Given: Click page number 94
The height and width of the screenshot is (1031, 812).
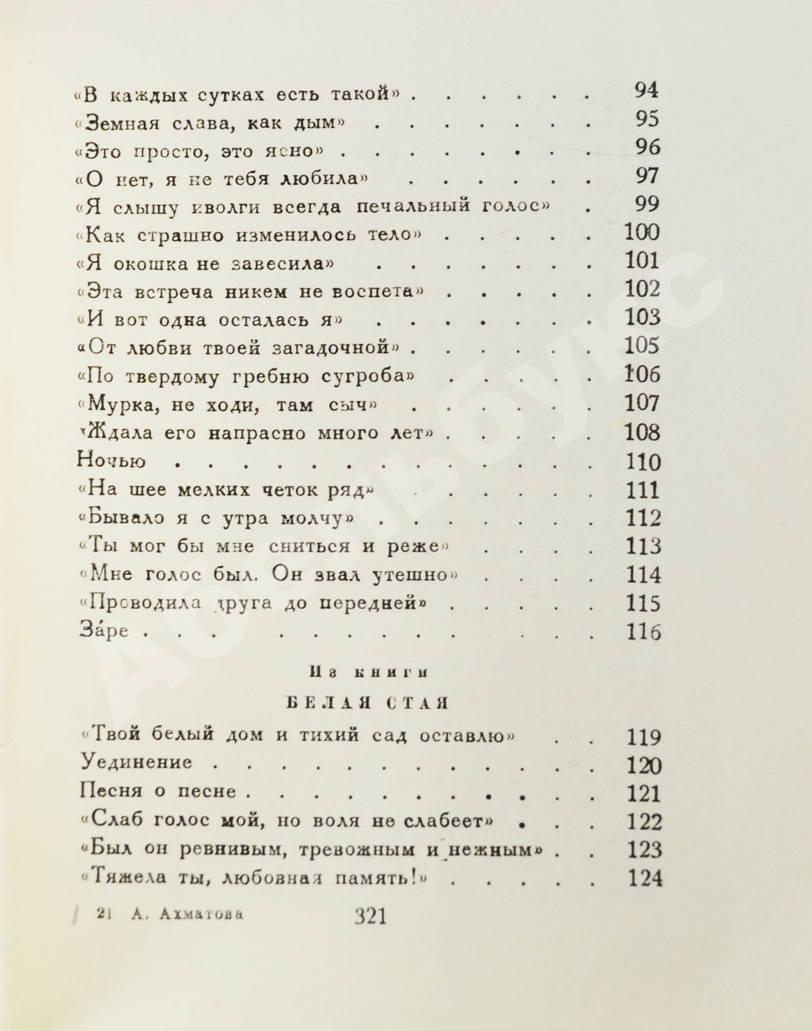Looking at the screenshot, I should pos(647,90).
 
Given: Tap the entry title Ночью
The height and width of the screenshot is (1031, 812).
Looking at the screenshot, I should pos(111,461).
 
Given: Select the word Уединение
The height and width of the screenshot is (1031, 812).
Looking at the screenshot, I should pos(136,762).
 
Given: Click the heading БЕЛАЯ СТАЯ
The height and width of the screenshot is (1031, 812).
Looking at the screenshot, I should pos(368,703).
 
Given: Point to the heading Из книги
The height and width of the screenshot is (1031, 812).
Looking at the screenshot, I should pos(368,673).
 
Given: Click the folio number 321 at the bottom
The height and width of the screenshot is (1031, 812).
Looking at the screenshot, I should pos(371,916).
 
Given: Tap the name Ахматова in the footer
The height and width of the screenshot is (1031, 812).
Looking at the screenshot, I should pos(202,914).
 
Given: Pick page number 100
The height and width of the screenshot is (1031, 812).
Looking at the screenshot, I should pos(642,232).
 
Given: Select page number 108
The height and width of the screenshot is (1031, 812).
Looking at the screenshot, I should pos(643,432).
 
